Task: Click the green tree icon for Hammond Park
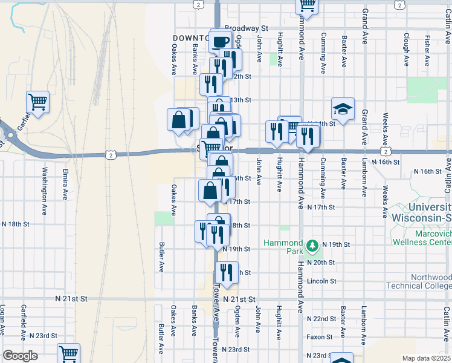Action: click(x=312, y=246)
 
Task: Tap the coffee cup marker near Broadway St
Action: click(x=221, y=41)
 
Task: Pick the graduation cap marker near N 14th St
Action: click(x=343, y=109)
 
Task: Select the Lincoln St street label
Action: click(x=321, y=281)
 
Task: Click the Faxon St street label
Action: click(x=320, y=337)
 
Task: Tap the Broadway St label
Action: click(x=246, y=28)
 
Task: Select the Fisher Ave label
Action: click(x=427, y=50)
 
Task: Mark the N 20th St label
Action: click(x=320, y=263)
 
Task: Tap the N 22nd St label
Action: click(x=321, y=318)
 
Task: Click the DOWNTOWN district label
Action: click(x=190, y=38)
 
